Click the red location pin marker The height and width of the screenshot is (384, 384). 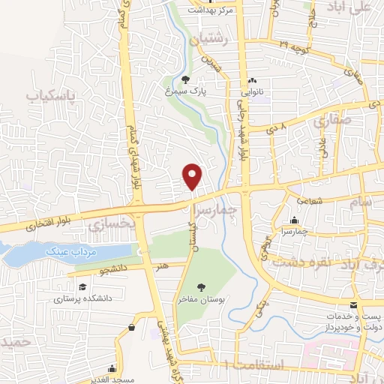point(193,176)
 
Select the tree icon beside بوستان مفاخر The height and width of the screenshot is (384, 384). point(200,286)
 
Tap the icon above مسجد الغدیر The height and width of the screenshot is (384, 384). point(112,367)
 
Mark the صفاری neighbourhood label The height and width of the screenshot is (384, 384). point(327,119)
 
